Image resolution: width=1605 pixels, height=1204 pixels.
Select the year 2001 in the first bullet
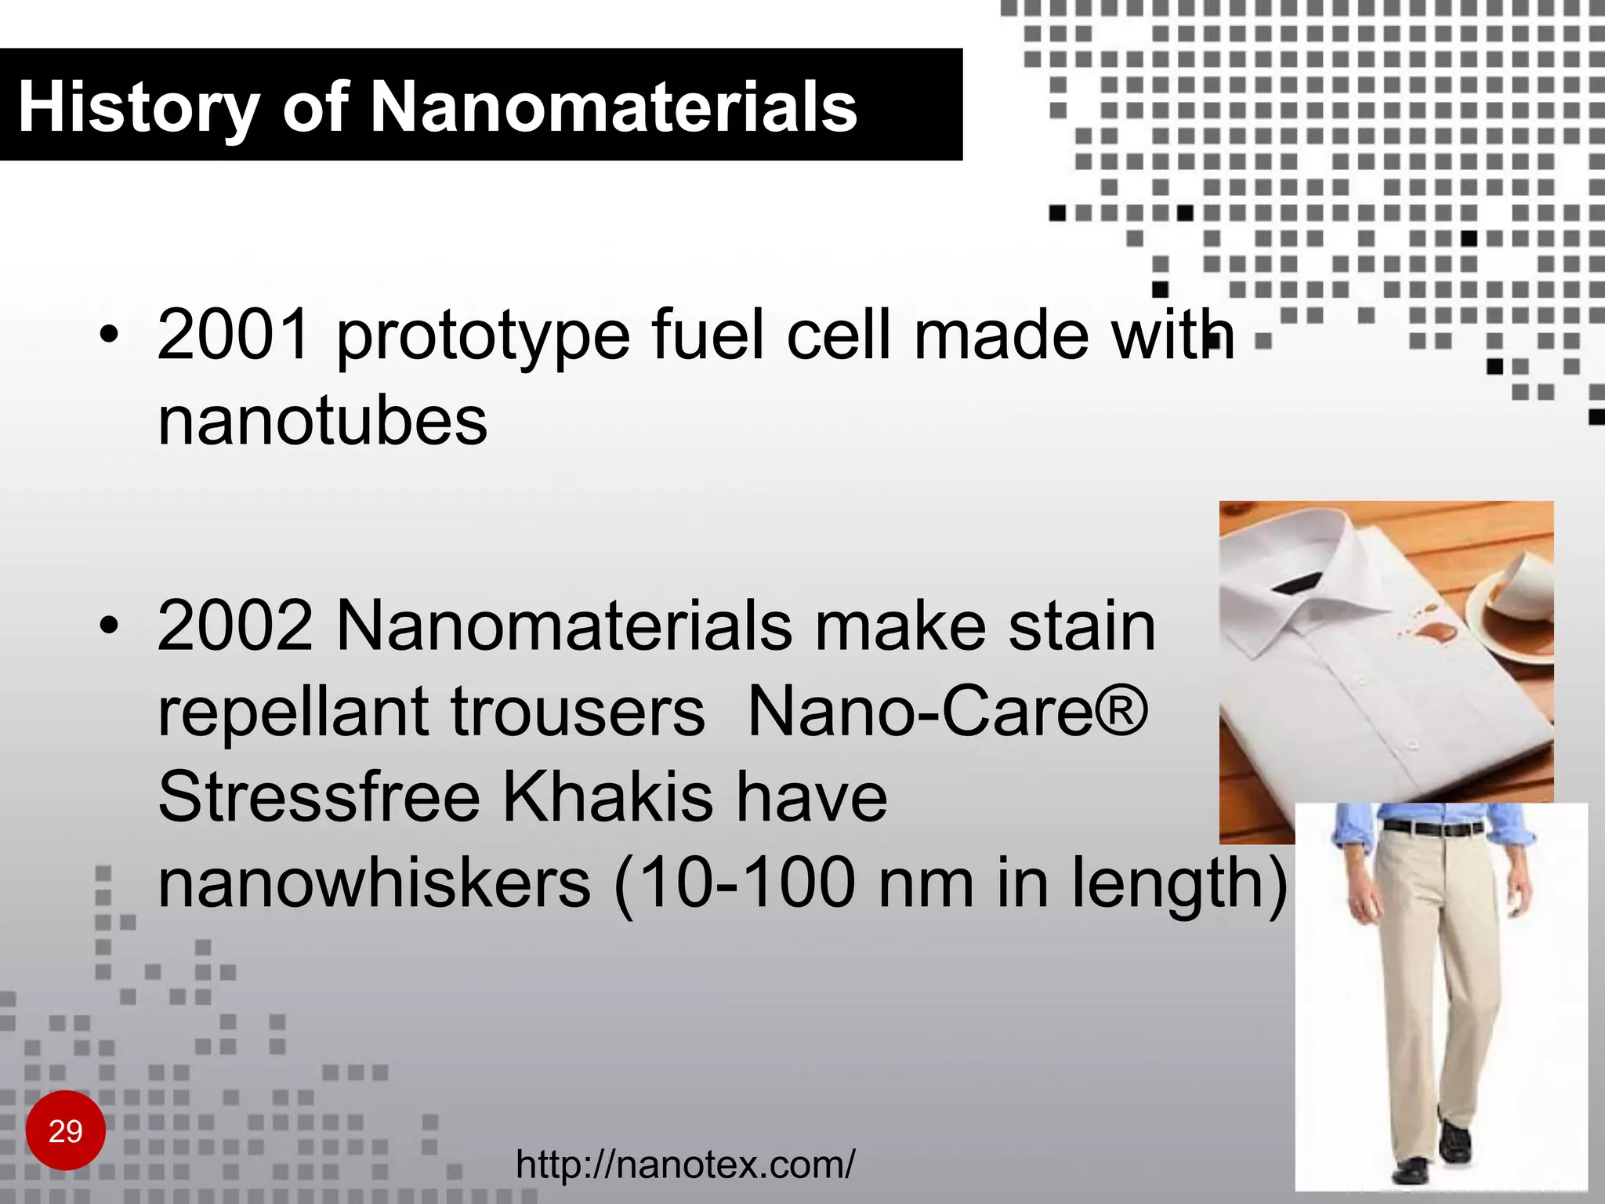(234, 335)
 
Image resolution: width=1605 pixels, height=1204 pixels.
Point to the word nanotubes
(322, 421)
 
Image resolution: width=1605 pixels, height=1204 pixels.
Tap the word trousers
(578, 712)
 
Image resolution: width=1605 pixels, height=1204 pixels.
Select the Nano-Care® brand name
(947, 712)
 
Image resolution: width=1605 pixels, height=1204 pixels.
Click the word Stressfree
(319, 797)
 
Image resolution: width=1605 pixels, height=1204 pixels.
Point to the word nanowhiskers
(374, 883)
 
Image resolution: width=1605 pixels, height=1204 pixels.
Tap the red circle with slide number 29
(66, 1130)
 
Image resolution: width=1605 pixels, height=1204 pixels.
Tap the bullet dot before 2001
(110, 335)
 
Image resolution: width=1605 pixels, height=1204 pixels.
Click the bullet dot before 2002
(110, 626)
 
